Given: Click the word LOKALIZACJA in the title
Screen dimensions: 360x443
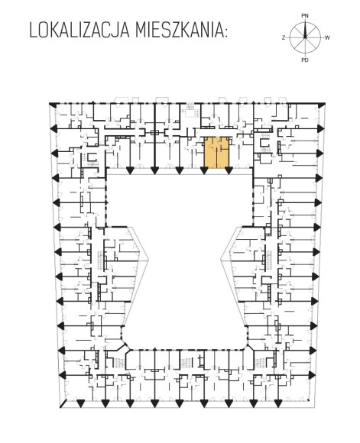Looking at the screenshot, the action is tap(79, 30).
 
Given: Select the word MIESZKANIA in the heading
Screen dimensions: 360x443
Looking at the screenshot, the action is tap(180, 30).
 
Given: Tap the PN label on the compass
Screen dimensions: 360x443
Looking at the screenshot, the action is tap(305, 16).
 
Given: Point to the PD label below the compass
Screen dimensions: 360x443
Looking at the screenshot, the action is tap(305, 60).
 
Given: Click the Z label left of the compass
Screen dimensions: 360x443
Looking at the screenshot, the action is tap(284, 37).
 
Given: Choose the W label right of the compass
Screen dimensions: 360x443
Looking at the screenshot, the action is tap(327, 37).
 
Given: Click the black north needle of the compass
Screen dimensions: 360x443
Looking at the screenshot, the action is tap(305, 29).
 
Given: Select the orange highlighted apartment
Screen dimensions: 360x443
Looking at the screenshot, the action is tap(216, 152).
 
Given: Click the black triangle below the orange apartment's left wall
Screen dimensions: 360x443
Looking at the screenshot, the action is tap(204, 170).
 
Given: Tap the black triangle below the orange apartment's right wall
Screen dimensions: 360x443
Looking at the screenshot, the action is tap(229, 170).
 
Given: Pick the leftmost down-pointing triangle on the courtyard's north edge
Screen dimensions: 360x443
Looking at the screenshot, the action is tap(130, 170).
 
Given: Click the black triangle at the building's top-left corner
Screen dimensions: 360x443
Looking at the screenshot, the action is tap(53, 105).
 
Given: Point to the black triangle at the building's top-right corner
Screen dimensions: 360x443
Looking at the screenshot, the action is tap(321, 105).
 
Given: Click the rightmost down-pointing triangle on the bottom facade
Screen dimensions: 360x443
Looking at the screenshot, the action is tap(278, 403).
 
